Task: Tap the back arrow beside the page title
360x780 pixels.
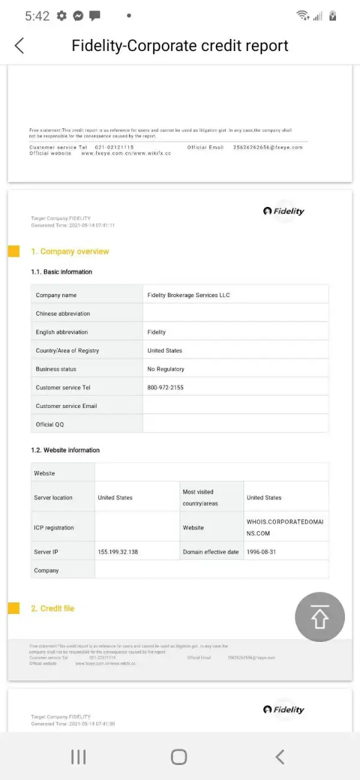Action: (19, 46)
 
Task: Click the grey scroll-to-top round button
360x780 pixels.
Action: (320, 617)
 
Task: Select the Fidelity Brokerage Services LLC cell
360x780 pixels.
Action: (188, 295)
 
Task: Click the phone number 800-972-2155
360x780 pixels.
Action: (166, 388)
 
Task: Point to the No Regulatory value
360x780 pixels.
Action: (166, 369)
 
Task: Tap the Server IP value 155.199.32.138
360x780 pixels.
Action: (118, 551)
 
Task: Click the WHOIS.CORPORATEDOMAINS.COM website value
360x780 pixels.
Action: (284, 527)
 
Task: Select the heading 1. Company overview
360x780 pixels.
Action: (70, 251)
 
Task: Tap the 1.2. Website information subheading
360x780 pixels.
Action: (65, 450)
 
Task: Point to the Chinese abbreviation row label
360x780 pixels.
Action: (63, 314)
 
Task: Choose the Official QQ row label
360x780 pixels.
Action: (50, 425)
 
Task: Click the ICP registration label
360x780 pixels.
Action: (54, 528)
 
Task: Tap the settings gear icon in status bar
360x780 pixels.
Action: (61, 16)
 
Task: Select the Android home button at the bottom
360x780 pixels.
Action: (179, 757)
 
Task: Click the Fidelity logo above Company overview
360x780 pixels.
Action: (284, 211)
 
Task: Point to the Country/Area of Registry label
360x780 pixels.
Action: (67, 350)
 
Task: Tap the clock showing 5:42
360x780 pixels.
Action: (37, 16)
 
